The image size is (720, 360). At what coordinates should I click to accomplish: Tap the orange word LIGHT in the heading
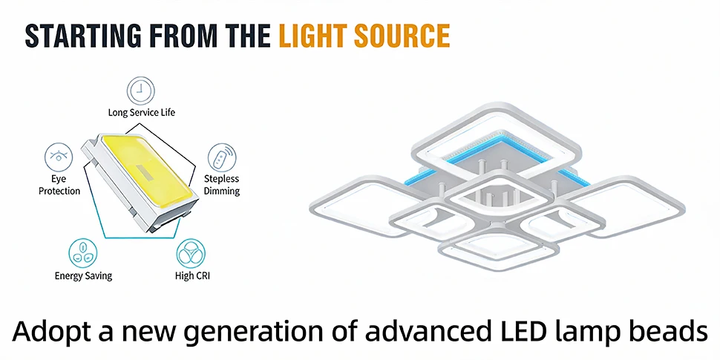tap(313, 36)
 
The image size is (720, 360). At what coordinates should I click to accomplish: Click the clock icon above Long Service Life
tap(141, 91)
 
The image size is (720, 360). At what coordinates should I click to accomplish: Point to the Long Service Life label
tap(142, 112)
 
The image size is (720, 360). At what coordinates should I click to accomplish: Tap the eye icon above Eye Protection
tap(59, 157)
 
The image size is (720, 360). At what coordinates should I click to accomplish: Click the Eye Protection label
tap(59, 185)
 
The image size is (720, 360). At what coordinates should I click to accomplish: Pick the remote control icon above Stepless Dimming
tap(222, 157)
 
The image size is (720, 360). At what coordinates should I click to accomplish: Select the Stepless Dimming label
tap(222, 185)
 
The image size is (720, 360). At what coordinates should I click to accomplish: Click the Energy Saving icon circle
tap(83, 252)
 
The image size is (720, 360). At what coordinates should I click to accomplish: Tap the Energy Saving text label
tap(83, 275)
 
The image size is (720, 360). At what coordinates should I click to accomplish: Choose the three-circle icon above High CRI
tap(191, 252)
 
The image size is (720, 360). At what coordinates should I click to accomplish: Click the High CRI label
tap(192, 275)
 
